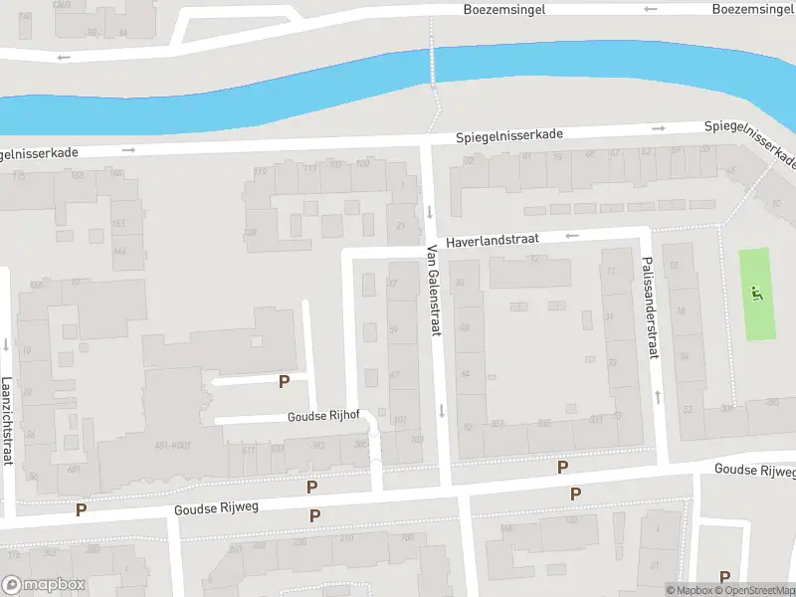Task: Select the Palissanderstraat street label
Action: [650, 309]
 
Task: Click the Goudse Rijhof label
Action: [323, 417]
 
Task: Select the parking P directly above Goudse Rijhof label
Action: [284, 381]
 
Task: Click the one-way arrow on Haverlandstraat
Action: [572, 236]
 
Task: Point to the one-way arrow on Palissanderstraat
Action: [658, 397]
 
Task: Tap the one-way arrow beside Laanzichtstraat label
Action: [7, 345]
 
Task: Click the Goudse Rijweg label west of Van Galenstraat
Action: [216, 507]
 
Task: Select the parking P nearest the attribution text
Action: [724, 576]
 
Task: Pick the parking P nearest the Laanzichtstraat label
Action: [82, 509]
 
